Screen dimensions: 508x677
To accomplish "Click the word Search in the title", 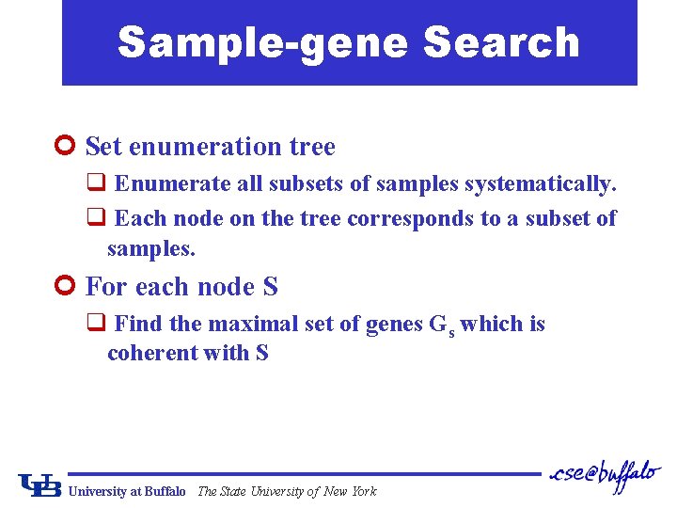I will pos(502,42).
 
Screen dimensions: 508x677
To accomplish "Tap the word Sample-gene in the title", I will pos(265,42).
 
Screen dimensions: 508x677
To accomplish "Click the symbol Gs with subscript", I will pos(441,325).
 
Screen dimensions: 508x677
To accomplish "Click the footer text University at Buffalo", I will pos(128,491).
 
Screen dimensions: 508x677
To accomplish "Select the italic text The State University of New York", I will pos(287,491).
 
